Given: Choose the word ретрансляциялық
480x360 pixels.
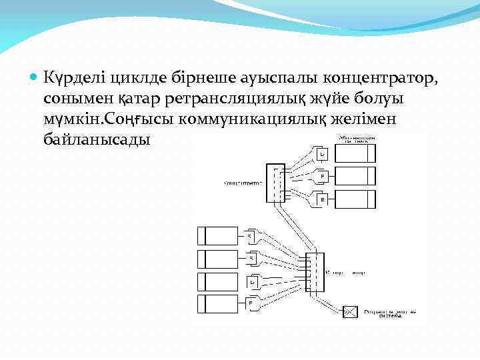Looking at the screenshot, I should pos(219,99).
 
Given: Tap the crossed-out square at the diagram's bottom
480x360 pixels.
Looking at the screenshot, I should pos(350,311).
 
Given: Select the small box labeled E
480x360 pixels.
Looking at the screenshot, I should pos(322,199).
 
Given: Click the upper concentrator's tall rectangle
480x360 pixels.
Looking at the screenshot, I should pos(275,182).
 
